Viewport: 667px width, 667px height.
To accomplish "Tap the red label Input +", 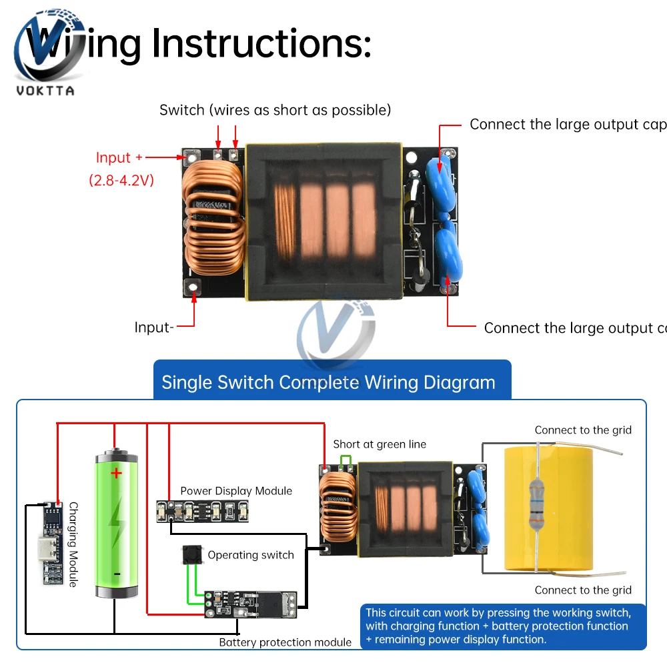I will (119, 158).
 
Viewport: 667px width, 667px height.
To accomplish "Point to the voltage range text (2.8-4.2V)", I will (121, 179).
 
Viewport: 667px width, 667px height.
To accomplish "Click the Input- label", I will (154, 327).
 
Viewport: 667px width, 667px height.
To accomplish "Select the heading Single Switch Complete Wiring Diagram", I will (328, 382).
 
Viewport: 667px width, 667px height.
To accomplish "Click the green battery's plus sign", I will (117, 474).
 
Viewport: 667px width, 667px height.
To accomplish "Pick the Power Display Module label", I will (236, 491).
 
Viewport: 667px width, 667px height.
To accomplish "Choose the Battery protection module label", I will (285, 642).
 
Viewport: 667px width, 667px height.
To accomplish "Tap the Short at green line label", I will (380, 444).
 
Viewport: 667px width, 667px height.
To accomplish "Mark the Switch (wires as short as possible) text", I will (275, 110).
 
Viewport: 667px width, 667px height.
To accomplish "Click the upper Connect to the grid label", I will (582, 430).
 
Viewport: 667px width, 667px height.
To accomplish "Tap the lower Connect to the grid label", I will (582, 590).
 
